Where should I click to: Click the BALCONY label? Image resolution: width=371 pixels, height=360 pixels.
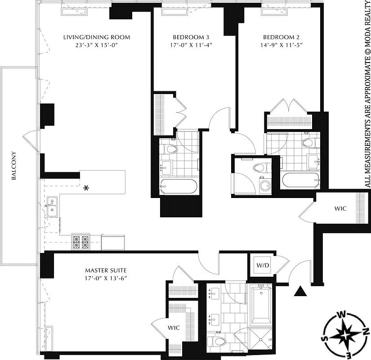14,166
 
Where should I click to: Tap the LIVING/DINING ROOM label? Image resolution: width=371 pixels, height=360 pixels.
97,37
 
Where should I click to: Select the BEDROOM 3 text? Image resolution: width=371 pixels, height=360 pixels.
191,37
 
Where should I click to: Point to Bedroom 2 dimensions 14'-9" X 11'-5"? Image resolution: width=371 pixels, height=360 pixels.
282,45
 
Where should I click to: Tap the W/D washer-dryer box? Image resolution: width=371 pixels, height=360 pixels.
263,265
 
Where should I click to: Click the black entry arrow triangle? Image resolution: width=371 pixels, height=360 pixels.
300,292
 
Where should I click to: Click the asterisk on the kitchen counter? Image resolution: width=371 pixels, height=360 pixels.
85,188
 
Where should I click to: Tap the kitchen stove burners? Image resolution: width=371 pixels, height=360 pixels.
81,242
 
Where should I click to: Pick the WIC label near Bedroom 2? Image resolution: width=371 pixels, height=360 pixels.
340,209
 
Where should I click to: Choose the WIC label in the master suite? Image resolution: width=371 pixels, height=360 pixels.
174,328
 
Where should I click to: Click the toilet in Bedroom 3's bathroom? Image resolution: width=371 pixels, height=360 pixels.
170,149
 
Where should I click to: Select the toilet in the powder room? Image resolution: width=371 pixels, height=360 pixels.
259,167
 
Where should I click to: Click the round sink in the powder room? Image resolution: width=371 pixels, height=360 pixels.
264,185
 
